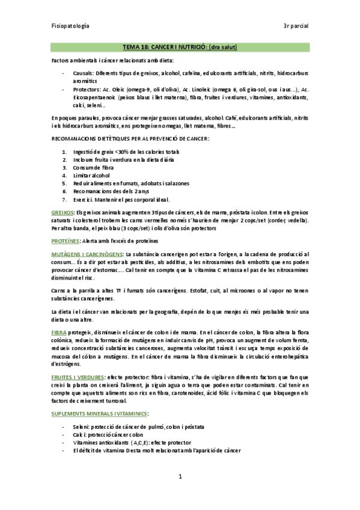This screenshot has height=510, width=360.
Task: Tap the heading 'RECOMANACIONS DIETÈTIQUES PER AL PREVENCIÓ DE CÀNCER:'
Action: click(130, 139)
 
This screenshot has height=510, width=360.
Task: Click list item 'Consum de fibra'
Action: click(99, 167)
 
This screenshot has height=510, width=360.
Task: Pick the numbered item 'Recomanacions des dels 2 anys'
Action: click(115, 191)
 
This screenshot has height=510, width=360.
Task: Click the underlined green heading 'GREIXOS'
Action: click(63, 213)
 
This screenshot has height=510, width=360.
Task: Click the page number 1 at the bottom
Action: click(180, 477)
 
